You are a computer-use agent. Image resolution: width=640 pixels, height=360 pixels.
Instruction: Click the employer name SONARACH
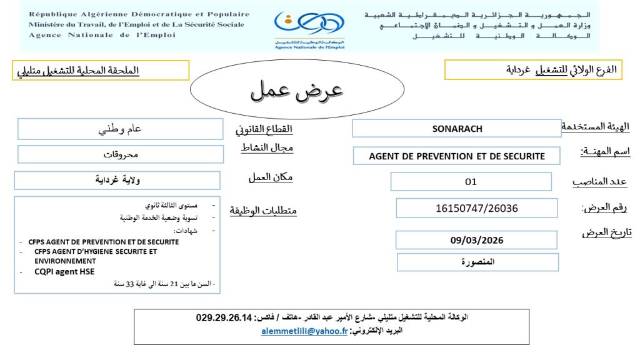(x=457, y=129)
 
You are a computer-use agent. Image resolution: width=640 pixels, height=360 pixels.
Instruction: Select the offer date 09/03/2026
(x=476, y=240)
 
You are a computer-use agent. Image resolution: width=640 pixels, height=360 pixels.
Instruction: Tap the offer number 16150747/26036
(x=476, y=208)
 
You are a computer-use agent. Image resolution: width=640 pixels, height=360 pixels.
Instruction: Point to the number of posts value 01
(x=471, y=182)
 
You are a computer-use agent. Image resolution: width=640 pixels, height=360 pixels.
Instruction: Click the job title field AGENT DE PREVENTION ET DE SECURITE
(x=457, y=156)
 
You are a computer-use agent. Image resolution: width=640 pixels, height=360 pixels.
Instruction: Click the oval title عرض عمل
(x=296, y=91)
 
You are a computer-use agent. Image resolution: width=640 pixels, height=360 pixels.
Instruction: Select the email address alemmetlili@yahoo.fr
(x=304, y=331)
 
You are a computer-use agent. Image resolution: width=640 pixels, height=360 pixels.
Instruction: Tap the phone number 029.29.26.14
(x=223, y=317)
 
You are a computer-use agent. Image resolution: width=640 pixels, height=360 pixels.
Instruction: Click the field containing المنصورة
(x=477, y=262)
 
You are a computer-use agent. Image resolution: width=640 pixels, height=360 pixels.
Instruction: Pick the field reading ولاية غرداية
(x=117, y=181)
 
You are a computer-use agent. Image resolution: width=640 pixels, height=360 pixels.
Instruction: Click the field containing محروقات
(x=121, y=154)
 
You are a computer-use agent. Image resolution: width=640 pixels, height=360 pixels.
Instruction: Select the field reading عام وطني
(x=120, y=129)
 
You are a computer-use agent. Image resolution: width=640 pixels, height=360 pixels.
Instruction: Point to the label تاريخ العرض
(x=606, y=232)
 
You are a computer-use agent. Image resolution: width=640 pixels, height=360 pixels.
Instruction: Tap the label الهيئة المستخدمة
(x=595, y=127)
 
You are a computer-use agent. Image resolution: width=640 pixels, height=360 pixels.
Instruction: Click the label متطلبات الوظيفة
(x=263, y=211)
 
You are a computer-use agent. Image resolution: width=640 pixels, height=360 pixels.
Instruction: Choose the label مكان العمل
(x=270, y=177)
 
